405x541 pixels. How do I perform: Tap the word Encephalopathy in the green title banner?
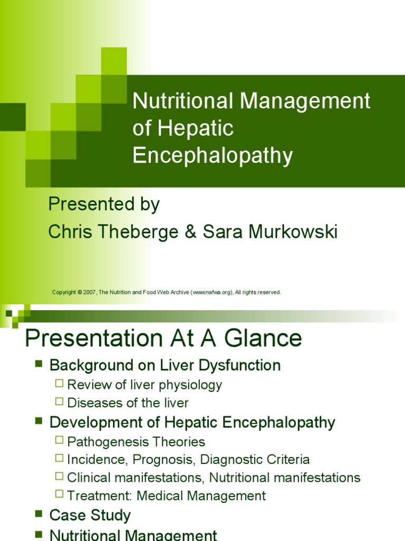point(213,155)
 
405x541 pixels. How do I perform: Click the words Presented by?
point(104,204)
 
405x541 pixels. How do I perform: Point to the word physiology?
point(194,385)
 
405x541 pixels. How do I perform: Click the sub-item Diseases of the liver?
point(128,403)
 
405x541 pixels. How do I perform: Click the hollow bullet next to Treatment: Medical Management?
point(59,494)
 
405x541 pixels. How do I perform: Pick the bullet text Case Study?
point(90,515)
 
